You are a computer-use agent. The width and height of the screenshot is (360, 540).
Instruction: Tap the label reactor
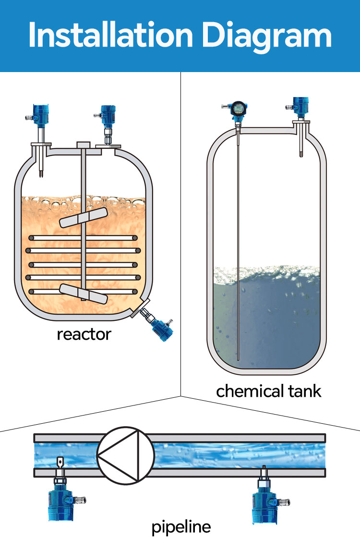84,333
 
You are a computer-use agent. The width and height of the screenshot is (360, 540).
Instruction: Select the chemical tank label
268,391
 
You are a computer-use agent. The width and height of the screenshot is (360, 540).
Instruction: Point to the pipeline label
181,528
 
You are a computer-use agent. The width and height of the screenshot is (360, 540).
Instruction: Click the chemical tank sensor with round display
238,109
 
